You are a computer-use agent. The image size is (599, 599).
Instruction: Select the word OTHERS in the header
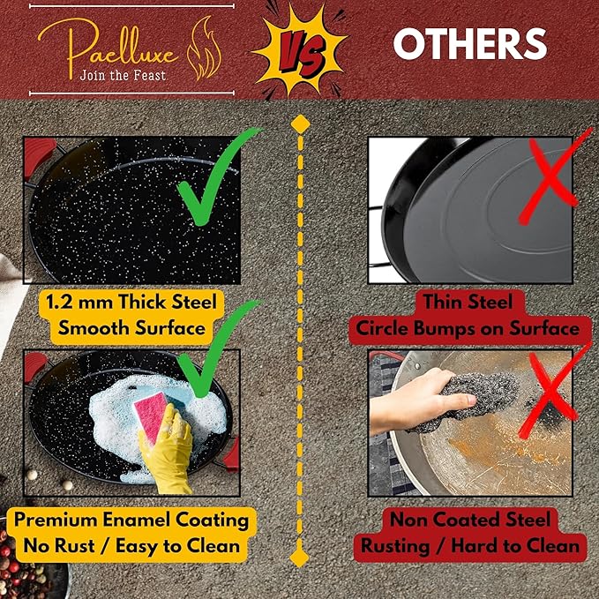click(469, 44)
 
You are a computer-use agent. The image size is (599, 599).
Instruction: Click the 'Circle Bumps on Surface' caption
click(468, 329)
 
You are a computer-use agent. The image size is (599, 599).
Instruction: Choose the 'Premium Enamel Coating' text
click(131, 520)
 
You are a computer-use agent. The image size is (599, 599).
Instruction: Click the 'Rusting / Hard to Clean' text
click(468, 546)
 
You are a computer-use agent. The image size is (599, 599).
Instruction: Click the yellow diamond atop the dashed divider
click(299, 122)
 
